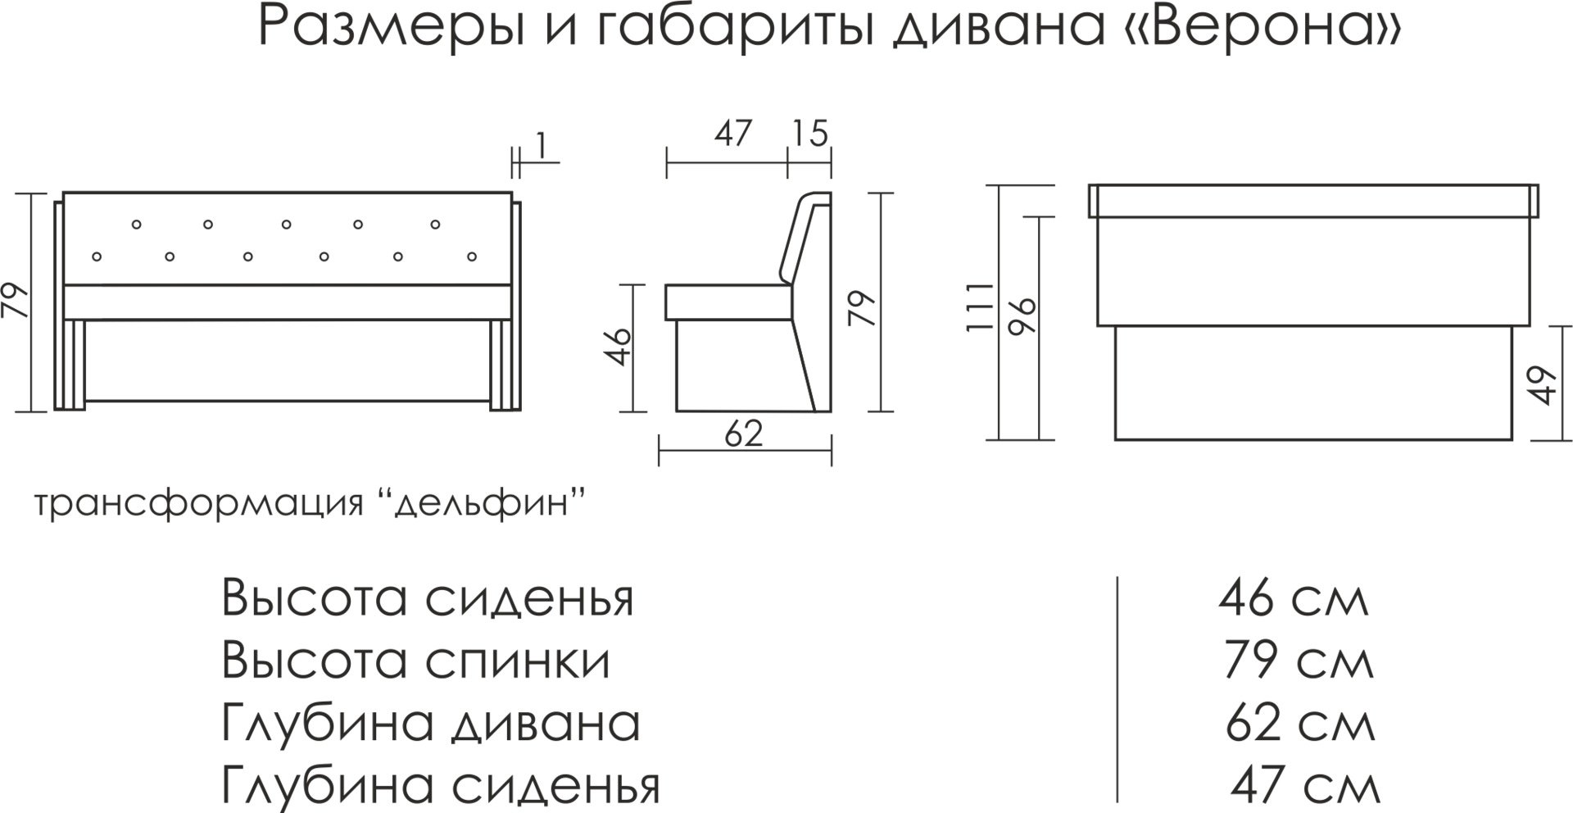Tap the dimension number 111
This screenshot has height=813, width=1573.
coord(981,307)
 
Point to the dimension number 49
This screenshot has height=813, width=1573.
coord(1544,384)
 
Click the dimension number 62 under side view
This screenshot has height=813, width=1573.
coord(744,434)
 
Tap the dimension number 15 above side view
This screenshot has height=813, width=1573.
coord(810,134)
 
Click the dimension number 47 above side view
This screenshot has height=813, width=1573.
coord(732,134)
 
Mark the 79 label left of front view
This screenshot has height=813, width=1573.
coord(16,302)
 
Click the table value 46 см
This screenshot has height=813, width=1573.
coord(1293,599)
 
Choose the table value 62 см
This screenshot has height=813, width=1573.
coord(1299,724)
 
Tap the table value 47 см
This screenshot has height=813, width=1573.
coord(1305,785)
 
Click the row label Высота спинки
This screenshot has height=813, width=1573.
coord(416,661)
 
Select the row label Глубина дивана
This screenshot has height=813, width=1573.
coord(431,724)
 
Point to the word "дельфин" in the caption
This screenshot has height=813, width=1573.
coord(482,502)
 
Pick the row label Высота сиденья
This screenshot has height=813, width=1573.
coord(428,599)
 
